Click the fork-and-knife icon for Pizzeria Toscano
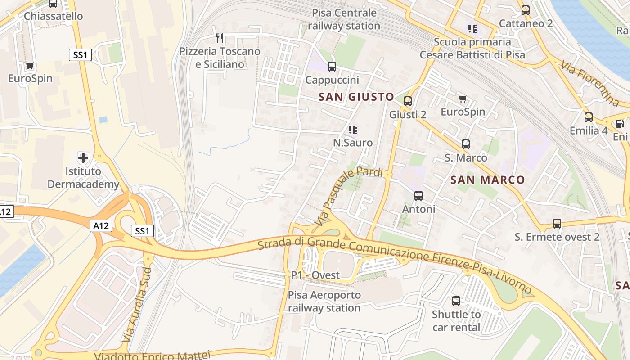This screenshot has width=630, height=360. click(x=220, y=38)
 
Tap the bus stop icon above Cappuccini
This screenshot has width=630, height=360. click(x=332, y=67)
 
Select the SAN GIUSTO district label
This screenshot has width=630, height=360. click(x=356, y=97)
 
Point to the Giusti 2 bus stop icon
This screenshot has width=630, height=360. click(x=408, y=101)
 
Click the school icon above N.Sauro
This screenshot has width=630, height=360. click(x=353, y=130)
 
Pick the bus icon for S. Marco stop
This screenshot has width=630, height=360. click(x=466, y=144)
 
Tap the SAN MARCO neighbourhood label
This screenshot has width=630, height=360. click(x=488, y=180)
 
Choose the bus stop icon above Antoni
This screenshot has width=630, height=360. click(x=418, y=196)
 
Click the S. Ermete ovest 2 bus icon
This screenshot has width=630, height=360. click(x=557, y=224)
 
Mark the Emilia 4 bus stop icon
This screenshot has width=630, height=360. click(x=589, y=117)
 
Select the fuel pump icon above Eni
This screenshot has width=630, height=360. click(x=620, y=123)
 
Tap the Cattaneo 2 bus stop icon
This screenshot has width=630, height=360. click(x=526, y=10)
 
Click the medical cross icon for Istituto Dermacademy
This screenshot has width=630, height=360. click(x=83, y=157)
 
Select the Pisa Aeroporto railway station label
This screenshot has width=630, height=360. click(x=324, y=301)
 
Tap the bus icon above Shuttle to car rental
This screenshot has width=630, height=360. click(x=456, y=301)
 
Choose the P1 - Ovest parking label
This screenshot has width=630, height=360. click(x=315, y=275)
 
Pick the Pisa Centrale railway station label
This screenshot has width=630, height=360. click(x=344, y=19)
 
